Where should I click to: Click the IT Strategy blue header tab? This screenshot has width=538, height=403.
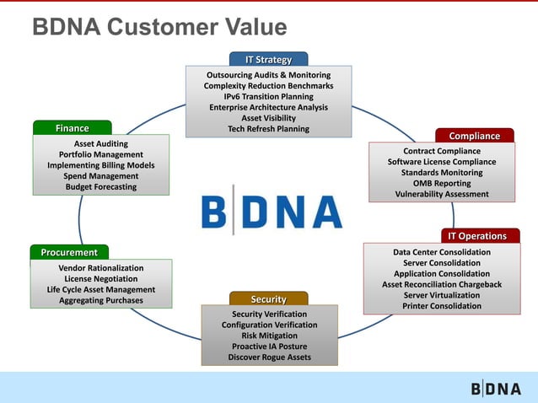pyautogui.click(x=268, y=60)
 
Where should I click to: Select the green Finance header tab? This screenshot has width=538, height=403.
pyautogui.click(x=73, y=128)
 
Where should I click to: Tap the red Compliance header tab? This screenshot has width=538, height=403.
pyautogui.click(x=474, y=136)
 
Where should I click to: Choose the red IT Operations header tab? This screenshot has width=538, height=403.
pyautogui.click(x=476, y=236)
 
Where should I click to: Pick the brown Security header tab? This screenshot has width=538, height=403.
pyautogui.click(x=268, y=299)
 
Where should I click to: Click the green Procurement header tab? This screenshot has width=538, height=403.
pyautogui.click(x=69, y=252)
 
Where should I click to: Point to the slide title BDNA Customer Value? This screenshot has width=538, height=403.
pyautogui.click(x=159, y=28)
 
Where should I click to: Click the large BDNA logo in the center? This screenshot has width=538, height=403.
pyautogui.click(x=272, y=212)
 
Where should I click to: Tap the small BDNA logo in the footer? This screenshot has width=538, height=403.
pyautogui.click(x=496, y=389)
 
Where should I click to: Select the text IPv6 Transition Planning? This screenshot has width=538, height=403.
pyautogui.click(x=268, y=97)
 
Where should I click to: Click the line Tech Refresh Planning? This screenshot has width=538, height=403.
pyautogui.click(x=268, y=129)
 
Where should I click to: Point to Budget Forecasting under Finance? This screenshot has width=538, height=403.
pyautogui.click(x=101, y=187)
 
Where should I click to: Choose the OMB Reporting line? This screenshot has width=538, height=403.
pyautogui.click(x=442, y=183)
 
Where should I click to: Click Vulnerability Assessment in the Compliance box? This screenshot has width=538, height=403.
pyautogui.click(x=442, y=194)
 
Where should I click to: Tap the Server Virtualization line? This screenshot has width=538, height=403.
pyautogui.click(x=442, y=295)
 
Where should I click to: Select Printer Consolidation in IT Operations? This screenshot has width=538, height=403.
pyautogui.click(x=442, y=306)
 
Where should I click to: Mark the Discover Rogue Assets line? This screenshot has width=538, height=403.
pyautogui.click(x=269, y=357)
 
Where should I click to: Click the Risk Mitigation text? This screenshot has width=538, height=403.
pyautogui.click(x=269, y=336)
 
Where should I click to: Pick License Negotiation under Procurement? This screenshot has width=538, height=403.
pyautogui.click(x=101, y=278)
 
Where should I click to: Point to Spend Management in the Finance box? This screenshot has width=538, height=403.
pyautogui.click(x=101, y=176)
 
